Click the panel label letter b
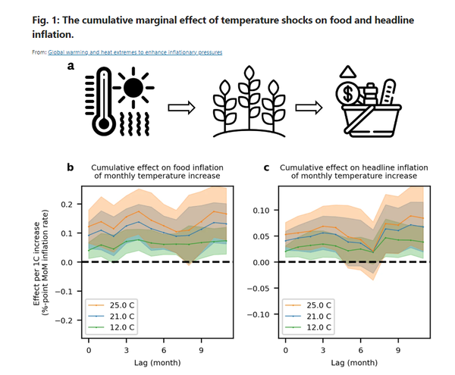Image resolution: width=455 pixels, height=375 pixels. point(71,166)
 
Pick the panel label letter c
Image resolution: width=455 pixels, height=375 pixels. point(266,166)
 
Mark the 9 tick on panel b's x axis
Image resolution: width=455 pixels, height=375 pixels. point(201,352)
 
